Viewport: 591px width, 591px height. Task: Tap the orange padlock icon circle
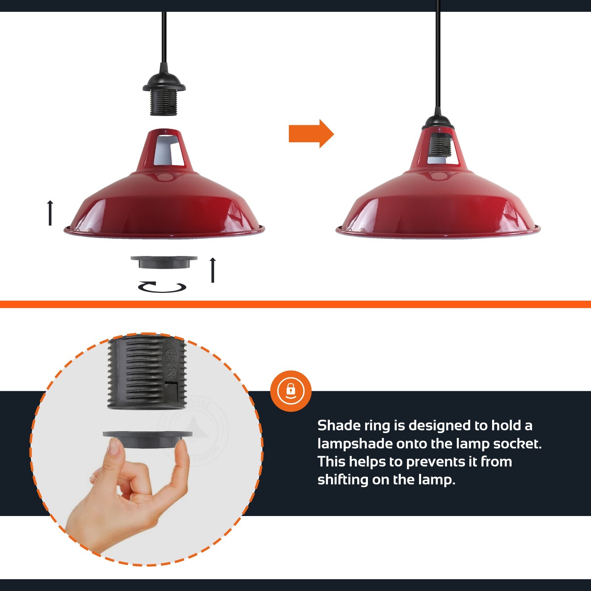[x=291, y=391]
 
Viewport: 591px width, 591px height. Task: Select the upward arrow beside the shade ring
[x=212, y=270]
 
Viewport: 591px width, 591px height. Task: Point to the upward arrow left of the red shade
[x=50, y=213]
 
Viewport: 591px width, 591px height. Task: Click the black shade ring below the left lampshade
[x=164, y=262]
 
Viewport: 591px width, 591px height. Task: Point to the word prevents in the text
[x=437, y=462]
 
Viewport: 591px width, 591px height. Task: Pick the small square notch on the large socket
[x=171, y=389]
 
